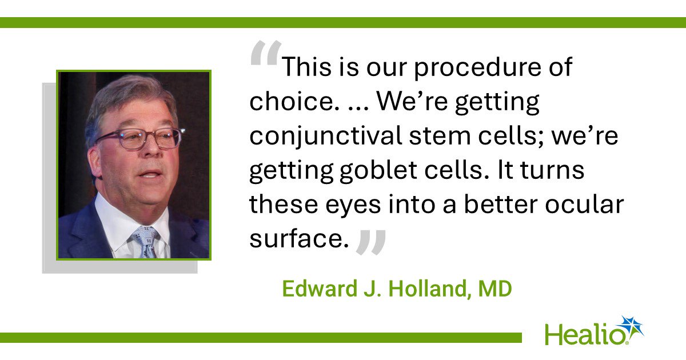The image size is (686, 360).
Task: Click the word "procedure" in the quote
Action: [478, 68]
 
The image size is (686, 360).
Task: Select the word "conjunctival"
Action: [325, 136]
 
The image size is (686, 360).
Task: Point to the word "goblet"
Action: [378, 170]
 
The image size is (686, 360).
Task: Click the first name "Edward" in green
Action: [320, 289]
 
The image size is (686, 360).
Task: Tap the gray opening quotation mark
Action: [265, 53]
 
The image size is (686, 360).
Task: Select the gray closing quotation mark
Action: [371, 242]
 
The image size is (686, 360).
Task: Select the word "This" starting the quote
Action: [306, 67]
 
